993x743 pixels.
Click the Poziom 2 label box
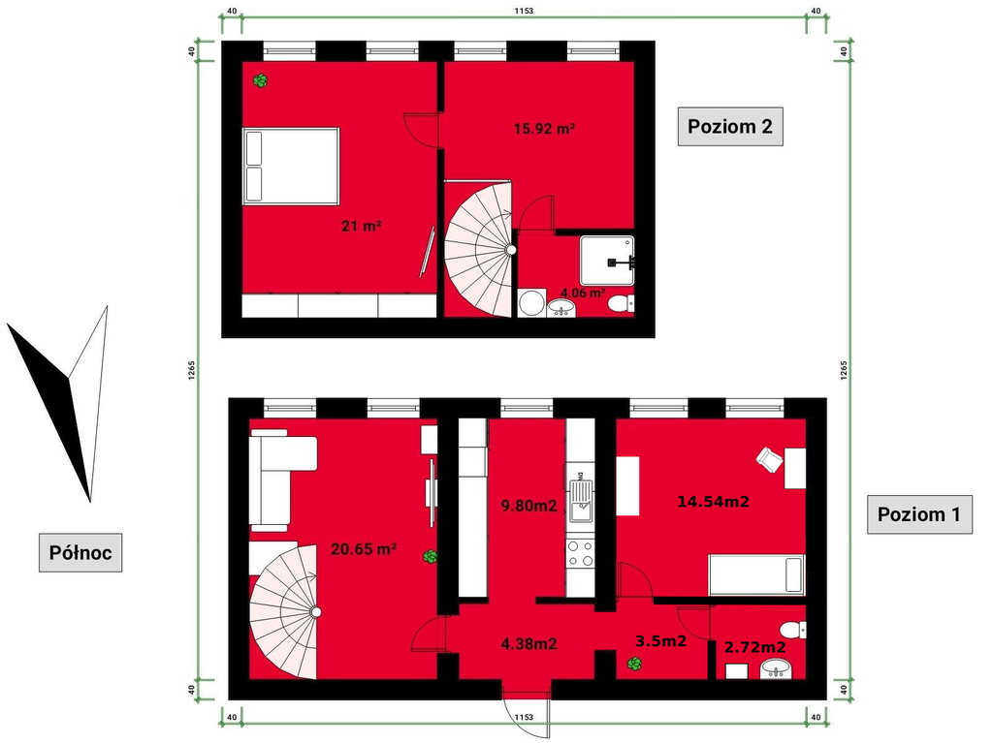730,127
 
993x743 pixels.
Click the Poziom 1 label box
919,514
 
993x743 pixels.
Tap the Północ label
80,552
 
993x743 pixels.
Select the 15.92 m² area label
544,129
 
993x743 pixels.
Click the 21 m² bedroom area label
361,226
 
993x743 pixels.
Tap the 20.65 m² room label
364,548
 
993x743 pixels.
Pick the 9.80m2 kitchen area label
529,506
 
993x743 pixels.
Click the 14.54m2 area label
714,502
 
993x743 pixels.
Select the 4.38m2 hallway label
529,644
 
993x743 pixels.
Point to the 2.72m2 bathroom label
754,647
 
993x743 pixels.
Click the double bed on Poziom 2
291,166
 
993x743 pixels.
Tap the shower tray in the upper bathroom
607,261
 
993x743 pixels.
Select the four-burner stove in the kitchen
581,554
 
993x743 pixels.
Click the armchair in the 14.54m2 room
769,459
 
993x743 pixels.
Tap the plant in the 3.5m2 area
634,664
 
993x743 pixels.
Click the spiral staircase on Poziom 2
479,250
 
